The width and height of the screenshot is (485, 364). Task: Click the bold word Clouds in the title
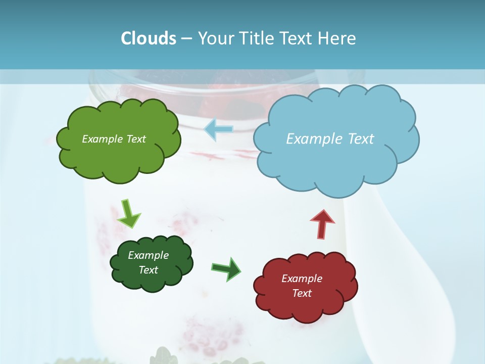pos(149,38)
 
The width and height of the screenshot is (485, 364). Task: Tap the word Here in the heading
pos(338,38)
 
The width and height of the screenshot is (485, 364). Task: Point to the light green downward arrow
pos(128,214)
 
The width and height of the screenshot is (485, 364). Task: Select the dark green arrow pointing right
pos(226,268)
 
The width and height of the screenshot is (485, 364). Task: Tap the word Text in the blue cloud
pos(361,139)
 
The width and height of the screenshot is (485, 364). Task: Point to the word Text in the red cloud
pos(302,293)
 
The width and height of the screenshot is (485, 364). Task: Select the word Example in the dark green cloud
pos(148,255)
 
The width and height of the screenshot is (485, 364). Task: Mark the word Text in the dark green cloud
pos(148,270)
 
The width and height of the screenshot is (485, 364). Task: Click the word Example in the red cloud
pos(302,279)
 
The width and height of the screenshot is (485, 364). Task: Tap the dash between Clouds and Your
pos(186,39)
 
